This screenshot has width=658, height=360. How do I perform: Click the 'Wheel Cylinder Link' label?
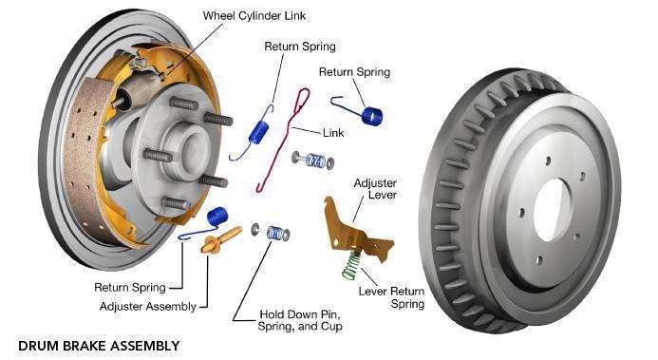254,16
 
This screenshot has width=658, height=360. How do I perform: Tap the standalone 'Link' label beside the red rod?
333,133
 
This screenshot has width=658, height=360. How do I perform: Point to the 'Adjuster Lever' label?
375,189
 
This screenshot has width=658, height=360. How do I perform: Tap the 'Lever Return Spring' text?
391,297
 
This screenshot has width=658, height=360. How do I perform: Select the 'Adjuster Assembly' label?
148,307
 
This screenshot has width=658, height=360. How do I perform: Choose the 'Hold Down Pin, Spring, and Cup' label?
300,320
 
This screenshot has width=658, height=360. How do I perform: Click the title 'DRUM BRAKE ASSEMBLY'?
99,346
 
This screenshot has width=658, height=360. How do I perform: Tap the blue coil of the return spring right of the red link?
372,116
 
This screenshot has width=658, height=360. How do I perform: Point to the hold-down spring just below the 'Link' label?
313,161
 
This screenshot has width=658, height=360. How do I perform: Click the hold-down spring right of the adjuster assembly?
272,233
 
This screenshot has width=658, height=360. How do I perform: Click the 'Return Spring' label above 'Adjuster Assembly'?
130,288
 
